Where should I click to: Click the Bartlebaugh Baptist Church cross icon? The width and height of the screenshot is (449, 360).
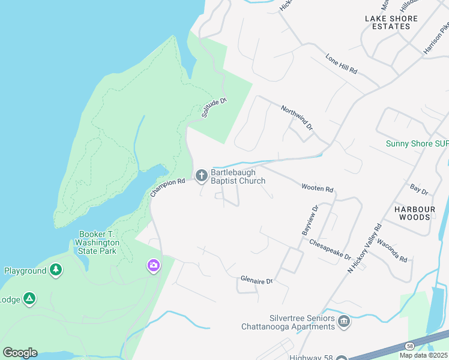click(x=202, y=176)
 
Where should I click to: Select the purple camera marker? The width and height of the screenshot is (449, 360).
click(x=154, y=265)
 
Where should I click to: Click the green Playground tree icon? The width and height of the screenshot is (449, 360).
click(x=56, y=271)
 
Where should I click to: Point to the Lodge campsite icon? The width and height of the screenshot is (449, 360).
click(x=29, y=299)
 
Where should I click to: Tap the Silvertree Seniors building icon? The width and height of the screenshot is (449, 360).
click(x=343, y=322)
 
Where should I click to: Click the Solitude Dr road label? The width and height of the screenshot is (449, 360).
click(x=214, y=108)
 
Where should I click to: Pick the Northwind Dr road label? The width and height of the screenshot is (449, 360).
click(x=297, y=118)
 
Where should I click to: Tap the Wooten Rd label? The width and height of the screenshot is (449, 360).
click(x=317, y=188)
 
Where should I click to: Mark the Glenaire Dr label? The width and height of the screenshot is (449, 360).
click(x=256, y=280)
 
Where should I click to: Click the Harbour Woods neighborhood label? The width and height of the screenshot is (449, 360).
click(x=414, y=213)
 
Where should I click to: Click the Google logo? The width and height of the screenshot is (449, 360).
click(x=20, y=353)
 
